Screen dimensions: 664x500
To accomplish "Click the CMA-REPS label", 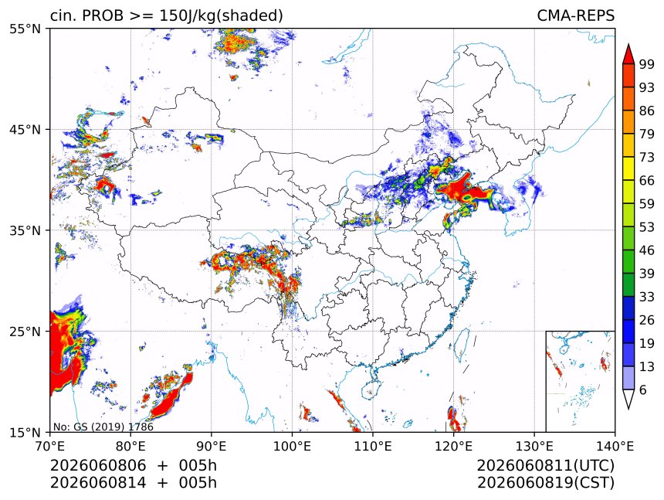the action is [575, 15].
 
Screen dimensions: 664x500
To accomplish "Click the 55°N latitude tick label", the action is [25, 29].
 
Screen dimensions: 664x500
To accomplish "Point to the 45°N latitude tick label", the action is [25, 130].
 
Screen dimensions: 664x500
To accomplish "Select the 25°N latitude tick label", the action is [25, 332].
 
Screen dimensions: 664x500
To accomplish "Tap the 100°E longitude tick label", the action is [292, 446].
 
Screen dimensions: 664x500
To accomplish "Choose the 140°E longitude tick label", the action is [615, 446].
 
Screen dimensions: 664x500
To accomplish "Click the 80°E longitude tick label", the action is [130, 446].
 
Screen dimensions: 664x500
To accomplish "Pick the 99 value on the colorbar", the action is [647, 64].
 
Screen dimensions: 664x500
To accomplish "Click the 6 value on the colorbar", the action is [643, 389].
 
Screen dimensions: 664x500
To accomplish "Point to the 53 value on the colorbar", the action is [647, 227].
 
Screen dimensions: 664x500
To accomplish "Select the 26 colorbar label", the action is [647, 321].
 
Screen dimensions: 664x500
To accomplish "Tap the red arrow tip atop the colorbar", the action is [628, 44].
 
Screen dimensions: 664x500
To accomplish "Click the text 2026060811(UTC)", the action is [545, 465].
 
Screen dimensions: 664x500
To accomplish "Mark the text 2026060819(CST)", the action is [545, 483].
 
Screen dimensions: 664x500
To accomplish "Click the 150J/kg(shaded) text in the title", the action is [221, 15].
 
